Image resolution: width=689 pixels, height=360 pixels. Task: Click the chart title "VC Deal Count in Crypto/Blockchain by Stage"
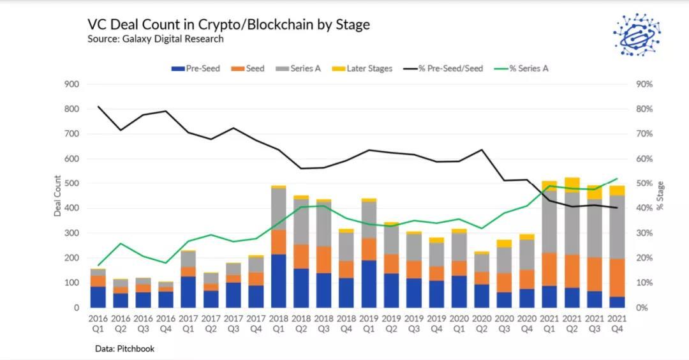coord(228,25)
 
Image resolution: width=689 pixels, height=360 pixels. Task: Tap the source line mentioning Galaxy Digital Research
coord(156,39)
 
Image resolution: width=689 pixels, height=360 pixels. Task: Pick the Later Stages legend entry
coord(363,68)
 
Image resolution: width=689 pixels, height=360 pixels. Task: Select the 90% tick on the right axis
coord(644,84)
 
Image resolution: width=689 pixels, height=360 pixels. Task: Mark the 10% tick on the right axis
coord(644,283)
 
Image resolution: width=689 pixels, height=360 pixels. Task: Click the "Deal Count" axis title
coord(57,196)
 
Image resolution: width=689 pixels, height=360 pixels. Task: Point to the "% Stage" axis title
coord(660,196)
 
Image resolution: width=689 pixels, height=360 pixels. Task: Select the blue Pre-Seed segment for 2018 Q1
coord(278,281)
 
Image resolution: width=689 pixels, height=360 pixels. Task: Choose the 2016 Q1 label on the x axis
coord(98,324)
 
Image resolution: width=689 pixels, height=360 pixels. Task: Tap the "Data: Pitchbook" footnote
coord(124,349)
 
